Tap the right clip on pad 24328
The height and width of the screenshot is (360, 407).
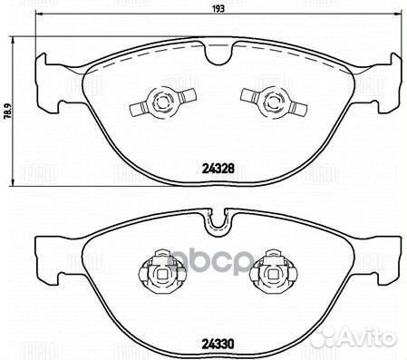pyautogui.click(x=268, y=102)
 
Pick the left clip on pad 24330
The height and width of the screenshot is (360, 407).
pyautogui.click(x=160, y=270)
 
